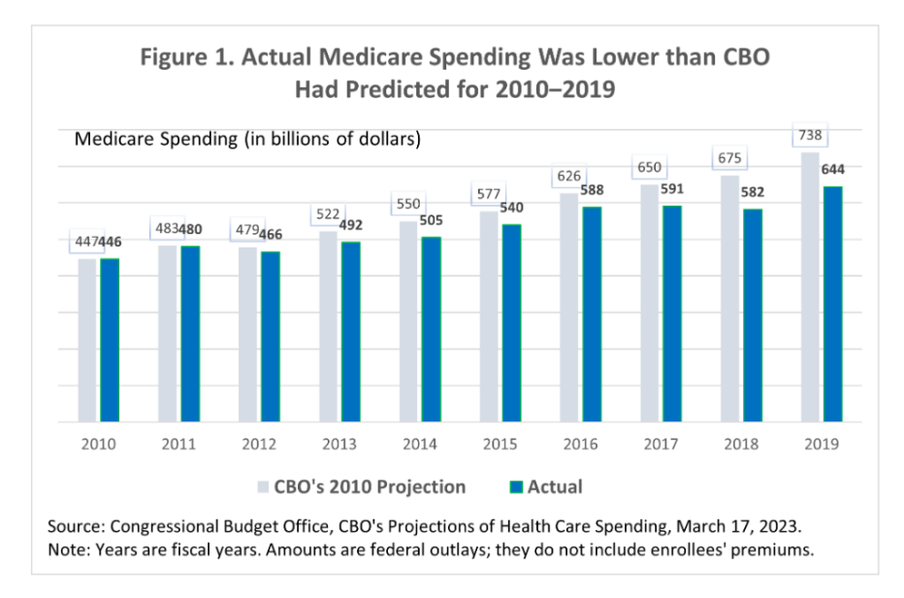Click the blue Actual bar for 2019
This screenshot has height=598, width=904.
(831, 304)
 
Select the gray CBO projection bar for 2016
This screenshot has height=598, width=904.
(568, 308)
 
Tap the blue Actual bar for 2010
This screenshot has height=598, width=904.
(110, 340)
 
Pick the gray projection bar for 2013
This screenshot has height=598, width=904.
(328, 326)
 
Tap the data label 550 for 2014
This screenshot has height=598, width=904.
(408, 206)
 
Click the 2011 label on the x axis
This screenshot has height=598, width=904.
(178, 444)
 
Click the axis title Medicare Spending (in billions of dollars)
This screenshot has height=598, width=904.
(247, 139)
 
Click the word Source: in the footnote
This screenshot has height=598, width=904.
(78, 526)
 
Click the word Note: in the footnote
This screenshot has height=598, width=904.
(70, 548)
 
